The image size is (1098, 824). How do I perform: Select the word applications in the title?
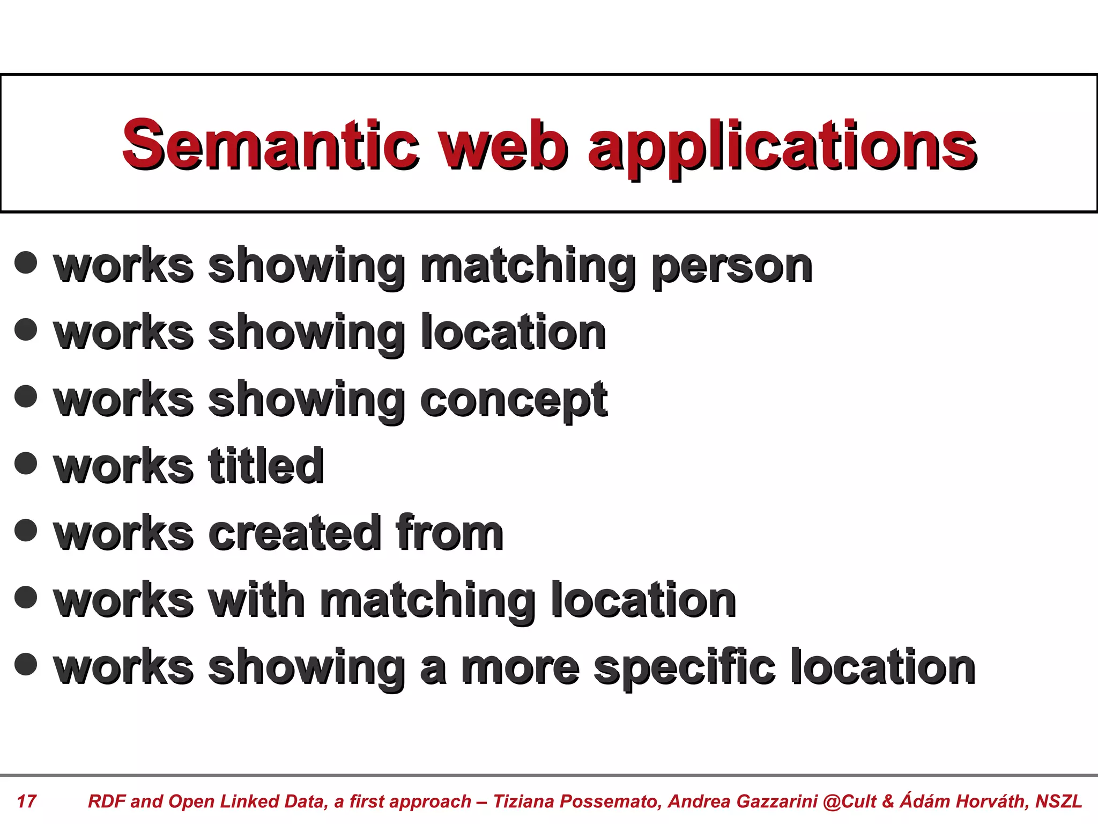click(x=782, y=148)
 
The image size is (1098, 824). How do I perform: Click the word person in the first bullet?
click(x=732, y=267)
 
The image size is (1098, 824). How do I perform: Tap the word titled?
click(x=266, y=466)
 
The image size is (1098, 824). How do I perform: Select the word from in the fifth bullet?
click(x=449, y=533)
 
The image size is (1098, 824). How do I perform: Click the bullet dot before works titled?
click(x=26, y=464)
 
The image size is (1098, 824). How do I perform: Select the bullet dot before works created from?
click(x=26, y=531)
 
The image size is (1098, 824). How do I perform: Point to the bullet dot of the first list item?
click(x=26, y=263)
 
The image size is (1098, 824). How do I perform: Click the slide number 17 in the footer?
click(x=27, y=801)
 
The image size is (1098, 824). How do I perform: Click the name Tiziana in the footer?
click(x=524, y=801)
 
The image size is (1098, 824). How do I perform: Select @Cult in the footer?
click(x=850, y=801)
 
